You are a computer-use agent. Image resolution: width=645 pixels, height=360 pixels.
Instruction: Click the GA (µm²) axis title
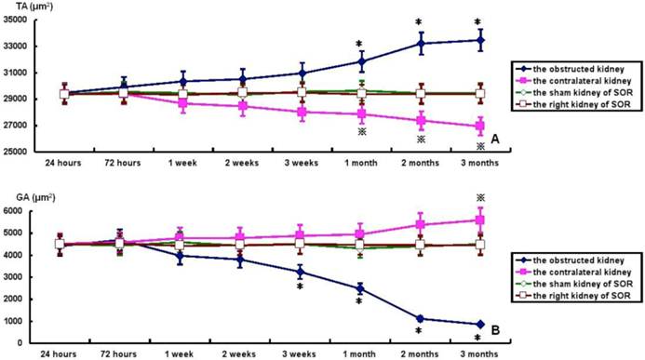pyautogui.click(x=35, y=198)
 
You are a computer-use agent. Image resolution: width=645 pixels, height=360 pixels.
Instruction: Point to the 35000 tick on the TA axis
pyautogui.click(x=16, y=20)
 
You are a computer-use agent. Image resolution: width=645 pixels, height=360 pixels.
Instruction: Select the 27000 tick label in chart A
pyautogui.click(x=16, y=126)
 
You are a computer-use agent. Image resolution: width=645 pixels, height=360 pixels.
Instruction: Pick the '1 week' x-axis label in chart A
pyautogui.click(x=182, y=163)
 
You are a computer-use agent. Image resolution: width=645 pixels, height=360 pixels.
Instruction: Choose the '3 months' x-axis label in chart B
pyautogui.click(x=479, y=354)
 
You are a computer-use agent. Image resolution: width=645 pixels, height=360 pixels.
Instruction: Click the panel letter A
pyautogui.click(x=495, y=140)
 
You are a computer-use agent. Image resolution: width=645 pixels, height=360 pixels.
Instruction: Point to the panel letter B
pyautogui.click(x=495, y=330)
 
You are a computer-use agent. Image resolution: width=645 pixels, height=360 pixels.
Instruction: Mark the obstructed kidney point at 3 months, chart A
pyautogui.click(x=480, y=40)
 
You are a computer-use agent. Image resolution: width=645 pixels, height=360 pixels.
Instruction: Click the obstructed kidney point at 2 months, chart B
pyautogui.click(x=420, y=318)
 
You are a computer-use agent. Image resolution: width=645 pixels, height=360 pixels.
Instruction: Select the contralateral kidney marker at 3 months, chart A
pyautogui.click(x=480, y=127)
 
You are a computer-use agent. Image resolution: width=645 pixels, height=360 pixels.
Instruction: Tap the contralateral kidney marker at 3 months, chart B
pyautogui.click(x=480, y=220)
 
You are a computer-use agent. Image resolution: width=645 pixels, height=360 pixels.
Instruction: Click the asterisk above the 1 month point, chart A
pyautogui.click(x=359, y=44)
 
